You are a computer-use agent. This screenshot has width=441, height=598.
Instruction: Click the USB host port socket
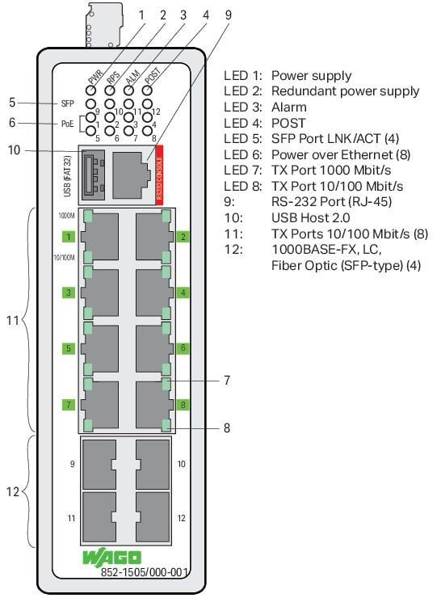93,175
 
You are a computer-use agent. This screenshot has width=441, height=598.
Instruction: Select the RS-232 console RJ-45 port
130,175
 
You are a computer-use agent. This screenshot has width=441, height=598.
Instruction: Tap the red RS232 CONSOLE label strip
159,175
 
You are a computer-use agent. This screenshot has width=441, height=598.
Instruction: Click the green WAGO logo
112,558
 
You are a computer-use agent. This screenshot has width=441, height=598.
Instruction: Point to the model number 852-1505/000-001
144,571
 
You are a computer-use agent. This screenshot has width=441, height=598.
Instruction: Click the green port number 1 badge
69,237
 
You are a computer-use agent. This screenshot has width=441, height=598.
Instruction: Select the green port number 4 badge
183,293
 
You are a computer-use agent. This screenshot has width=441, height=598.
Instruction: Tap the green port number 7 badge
69,404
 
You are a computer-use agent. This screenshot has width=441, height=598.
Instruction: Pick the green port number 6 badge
183,347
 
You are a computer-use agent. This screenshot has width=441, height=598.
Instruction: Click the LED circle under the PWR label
90,91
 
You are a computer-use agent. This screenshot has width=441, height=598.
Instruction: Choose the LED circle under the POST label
147,91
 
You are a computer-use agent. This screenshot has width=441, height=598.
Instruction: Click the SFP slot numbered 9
99,464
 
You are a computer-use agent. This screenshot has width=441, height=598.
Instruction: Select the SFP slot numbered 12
153,517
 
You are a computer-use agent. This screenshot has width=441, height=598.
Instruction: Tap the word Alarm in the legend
288,107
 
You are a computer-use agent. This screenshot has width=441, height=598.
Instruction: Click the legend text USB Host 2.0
310,217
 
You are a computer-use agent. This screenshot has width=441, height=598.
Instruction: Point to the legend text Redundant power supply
345,91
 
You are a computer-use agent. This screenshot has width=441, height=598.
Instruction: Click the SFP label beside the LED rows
68,103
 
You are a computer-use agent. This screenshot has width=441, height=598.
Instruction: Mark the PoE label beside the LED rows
68,124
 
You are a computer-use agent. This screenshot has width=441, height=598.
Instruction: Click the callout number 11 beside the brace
13,320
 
